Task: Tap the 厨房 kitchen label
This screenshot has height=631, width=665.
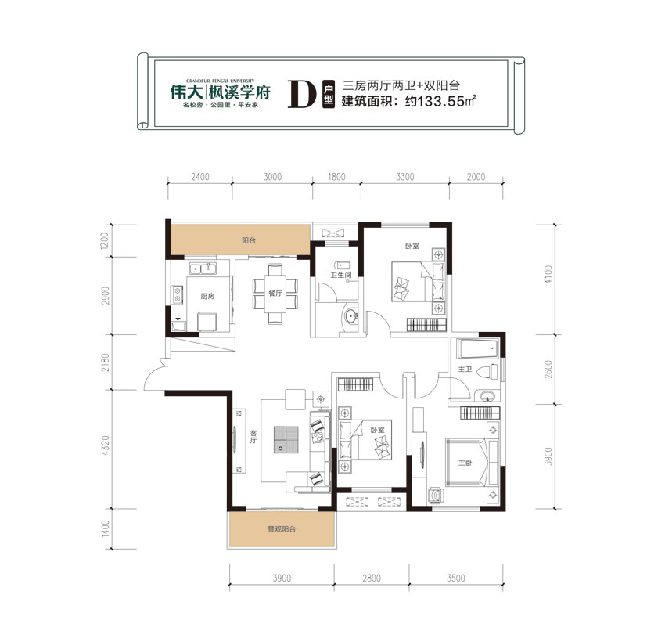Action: pos(207,296)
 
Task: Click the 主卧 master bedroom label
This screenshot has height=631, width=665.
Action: pos(466,462)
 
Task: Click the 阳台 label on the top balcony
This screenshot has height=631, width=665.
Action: pos(248,240)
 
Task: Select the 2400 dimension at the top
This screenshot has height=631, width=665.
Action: pos(199,178)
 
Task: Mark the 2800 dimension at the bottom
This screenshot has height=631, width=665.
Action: pos(372,579)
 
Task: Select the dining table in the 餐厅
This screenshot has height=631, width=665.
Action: pos(273,293)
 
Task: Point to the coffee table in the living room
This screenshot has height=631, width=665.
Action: pos(286,438)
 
